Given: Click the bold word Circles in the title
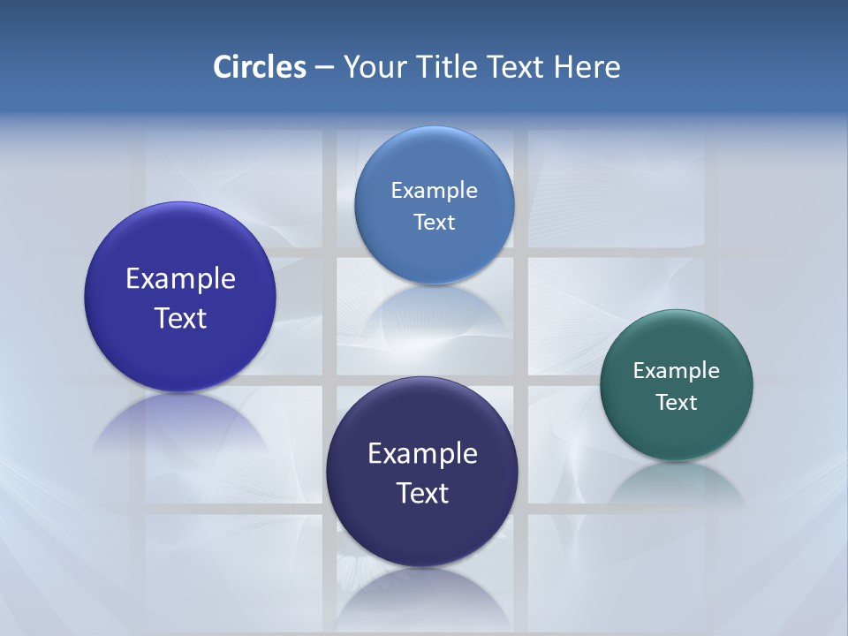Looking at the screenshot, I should coord(260,67).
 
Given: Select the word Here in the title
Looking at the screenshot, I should coord(587,67).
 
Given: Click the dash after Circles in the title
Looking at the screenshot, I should coord(323,68).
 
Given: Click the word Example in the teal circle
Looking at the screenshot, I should coord(676,371).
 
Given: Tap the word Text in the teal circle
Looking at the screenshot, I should coord(676,403).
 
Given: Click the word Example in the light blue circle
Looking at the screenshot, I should coord(434,191).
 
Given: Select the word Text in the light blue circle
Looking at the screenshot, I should coord(434,223).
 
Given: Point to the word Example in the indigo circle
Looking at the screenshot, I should coord(180,279).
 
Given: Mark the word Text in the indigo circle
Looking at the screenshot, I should coord(180,318).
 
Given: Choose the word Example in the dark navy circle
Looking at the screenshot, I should coord(422,454).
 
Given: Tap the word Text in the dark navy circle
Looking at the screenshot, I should coord(422,493).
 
